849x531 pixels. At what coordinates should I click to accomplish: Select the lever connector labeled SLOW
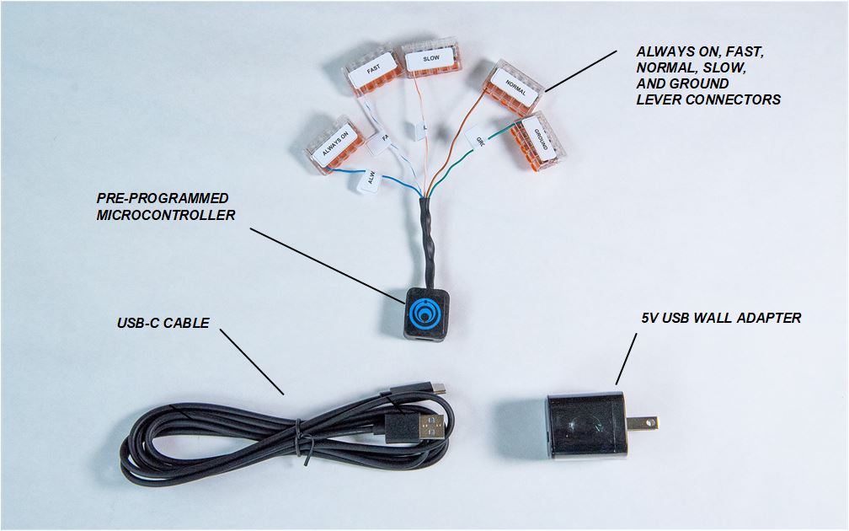430,58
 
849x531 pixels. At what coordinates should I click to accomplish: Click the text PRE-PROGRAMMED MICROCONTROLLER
166,206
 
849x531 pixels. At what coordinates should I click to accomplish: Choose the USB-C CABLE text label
163,323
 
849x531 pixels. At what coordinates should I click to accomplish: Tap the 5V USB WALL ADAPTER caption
721,318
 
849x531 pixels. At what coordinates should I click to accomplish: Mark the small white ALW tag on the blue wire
369,180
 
